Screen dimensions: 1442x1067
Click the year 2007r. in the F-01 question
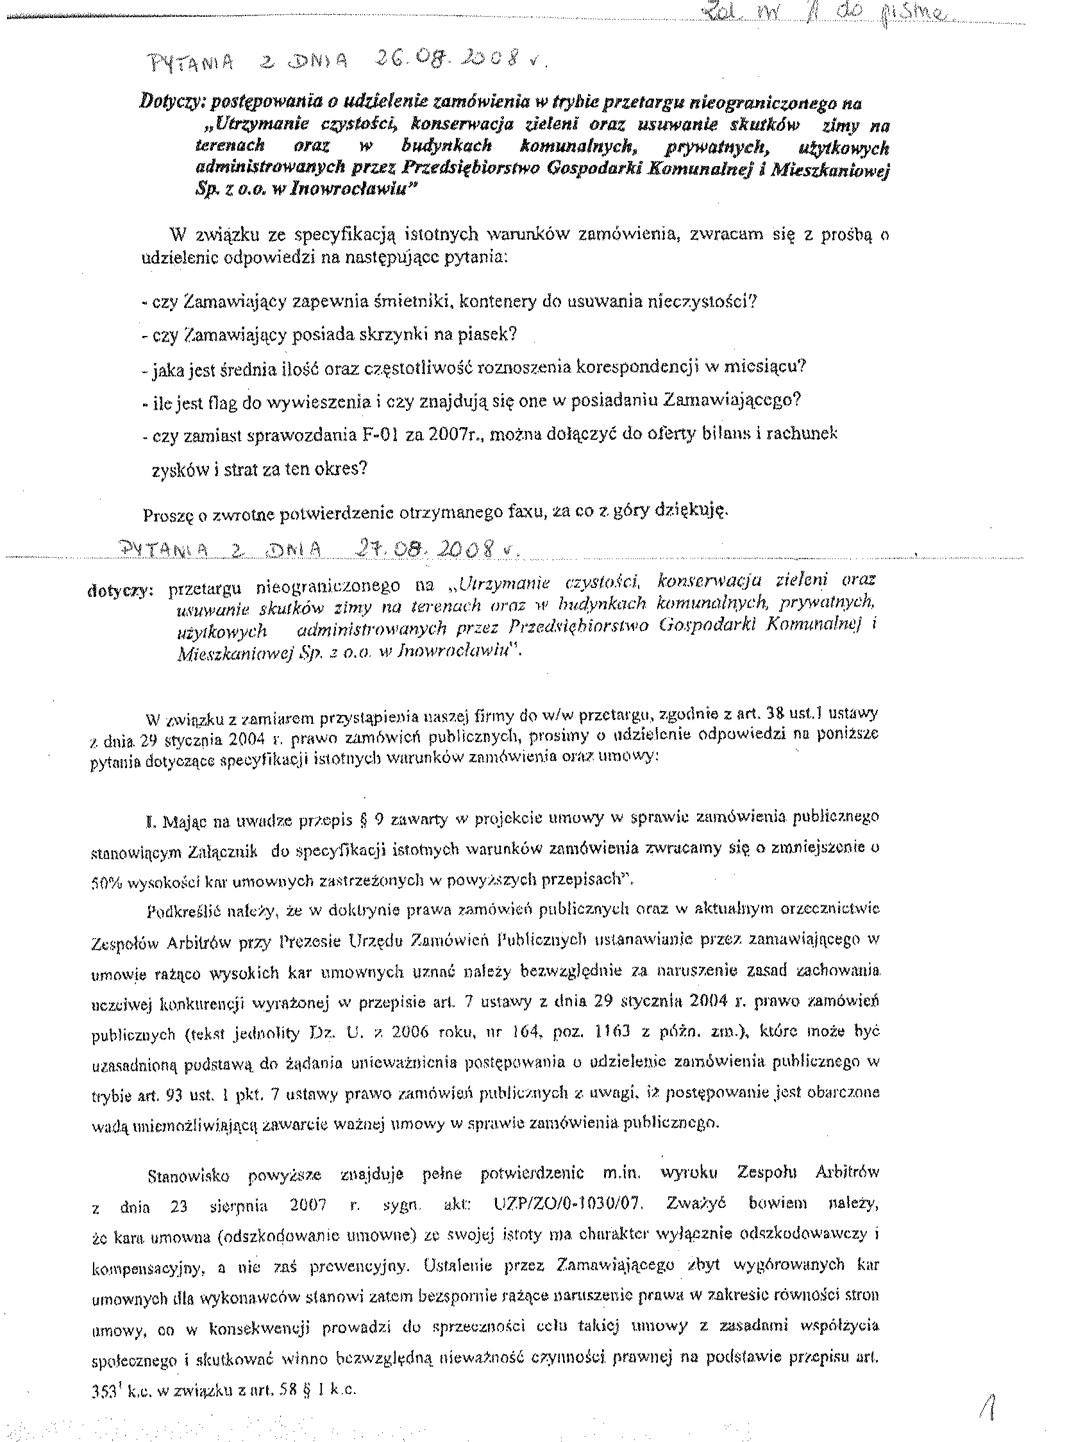(452, 434)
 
